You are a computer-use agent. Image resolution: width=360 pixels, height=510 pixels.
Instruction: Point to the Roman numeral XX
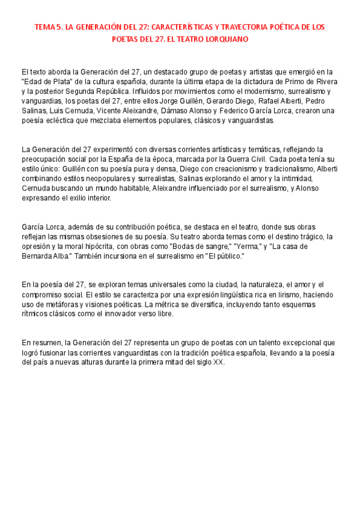(x=218, y=363)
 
